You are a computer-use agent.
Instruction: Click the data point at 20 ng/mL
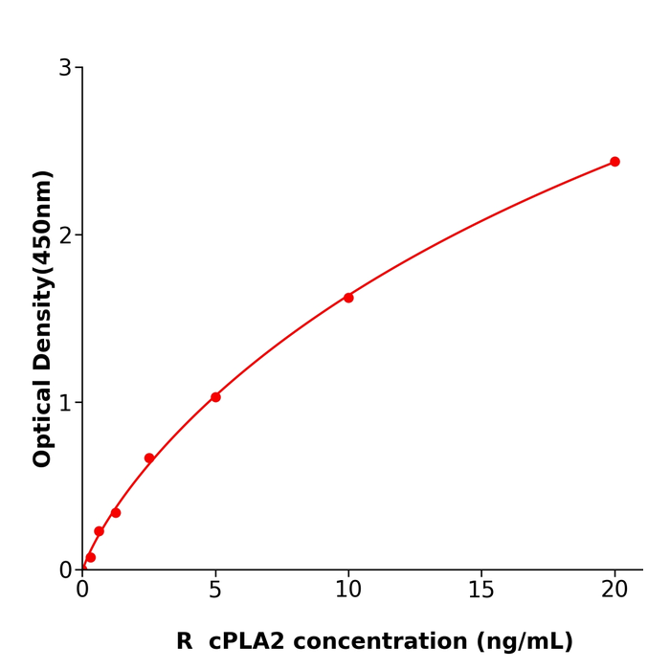point(614,162)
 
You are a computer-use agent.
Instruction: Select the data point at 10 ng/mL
point(348,298)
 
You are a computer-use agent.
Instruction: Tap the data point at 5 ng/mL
point(215,397)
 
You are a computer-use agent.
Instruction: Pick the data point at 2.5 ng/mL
point(149,458)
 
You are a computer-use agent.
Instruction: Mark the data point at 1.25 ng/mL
point(116,513)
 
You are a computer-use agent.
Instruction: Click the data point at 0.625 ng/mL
point(99,531)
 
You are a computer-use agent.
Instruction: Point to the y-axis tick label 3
point(65,68)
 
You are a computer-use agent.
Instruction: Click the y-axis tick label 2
point(65,235)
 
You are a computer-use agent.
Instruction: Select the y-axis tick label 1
point(65,403)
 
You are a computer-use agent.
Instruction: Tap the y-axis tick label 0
point(65,570)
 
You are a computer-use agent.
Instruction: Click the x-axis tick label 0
point(82,591)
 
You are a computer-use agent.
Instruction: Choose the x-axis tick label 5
point(215,591)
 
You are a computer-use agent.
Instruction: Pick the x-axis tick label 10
point(348,591)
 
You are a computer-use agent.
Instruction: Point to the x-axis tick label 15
point(481,591)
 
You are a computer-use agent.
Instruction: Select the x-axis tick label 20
point(614,591)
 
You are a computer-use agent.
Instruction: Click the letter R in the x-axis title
point(184,642)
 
